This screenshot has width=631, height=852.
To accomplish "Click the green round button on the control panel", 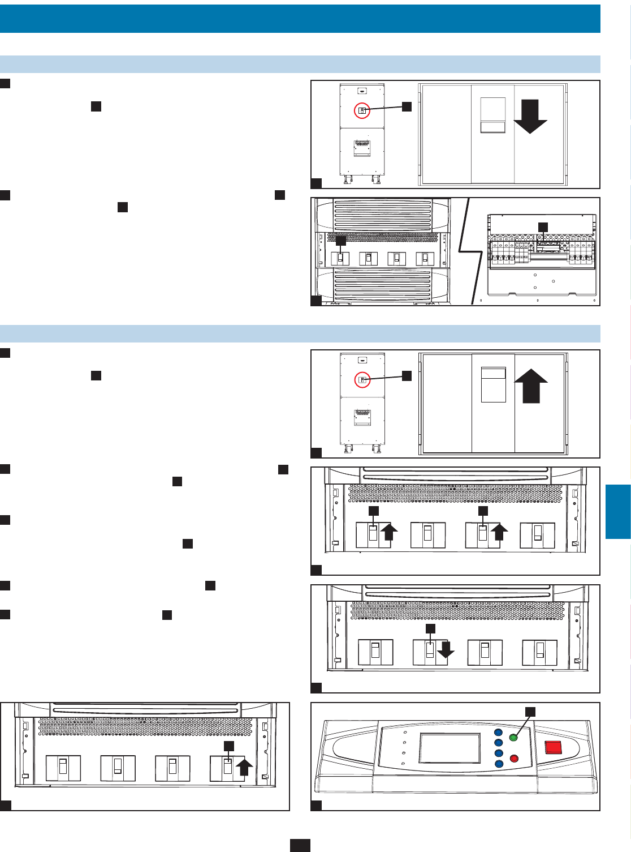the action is point(513,737).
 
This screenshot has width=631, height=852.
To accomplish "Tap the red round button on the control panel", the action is point(514,758).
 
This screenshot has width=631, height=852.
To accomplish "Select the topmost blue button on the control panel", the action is point(498,732).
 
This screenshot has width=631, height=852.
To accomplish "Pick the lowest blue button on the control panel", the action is point(498,764).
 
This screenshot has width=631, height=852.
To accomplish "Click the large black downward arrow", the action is point(530,117).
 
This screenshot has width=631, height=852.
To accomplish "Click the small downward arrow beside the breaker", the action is point(446,650).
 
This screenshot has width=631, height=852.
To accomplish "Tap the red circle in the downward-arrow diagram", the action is point(362,111).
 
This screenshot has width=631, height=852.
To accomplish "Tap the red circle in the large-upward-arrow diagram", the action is point(362,380).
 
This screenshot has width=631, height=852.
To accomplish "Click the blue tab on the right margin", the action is point(618,511).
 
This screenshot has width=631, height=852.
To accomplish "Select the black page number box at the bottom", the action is point(300,845).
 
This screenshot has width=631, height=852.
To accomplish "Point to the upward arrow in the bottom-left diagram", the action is point(244,768).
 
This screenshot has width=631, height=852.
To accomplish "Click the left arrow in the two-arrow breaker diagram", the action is point(390,534).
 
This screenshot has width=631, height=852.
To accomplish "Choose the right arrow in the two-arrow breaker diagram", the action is point(499,534).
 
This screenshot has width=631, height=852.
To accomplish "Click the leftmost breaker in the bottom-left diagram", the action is point(63,768).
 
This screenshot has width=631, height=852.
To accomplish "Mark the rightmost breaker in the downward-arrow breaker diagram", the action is point(539,653).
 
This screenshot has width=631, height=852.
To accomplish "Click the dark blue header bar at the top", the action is point(300,19).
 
